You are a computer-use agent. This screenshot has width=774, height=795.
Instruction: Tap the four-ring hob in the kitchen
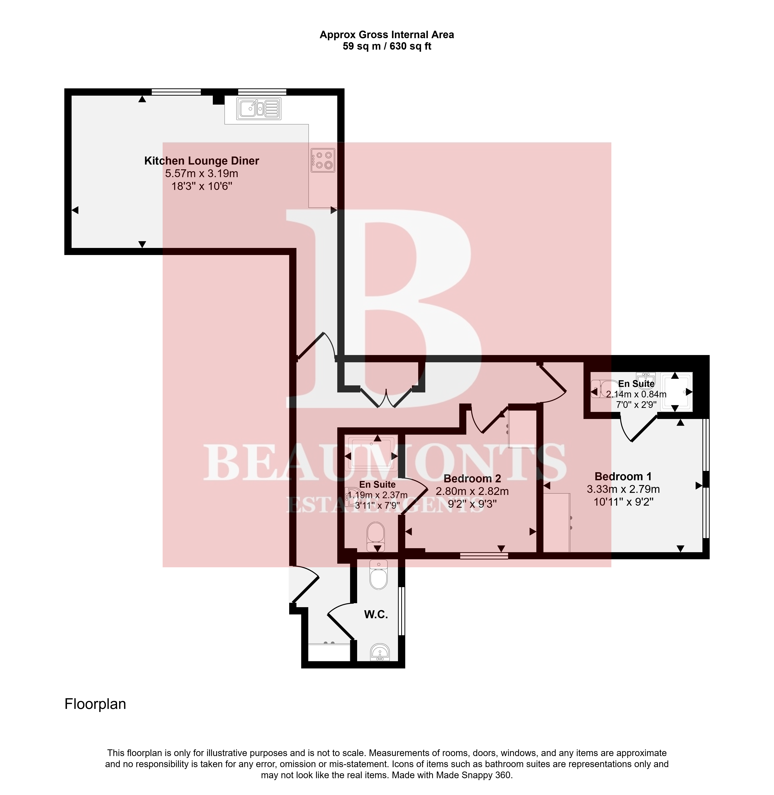pos(323,160)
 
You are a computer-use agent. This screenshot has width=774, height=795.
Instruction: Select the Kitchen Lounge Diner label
pos(202,161)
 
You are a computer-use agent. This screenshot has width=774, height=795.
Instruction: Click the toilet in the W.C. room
pos(379,575)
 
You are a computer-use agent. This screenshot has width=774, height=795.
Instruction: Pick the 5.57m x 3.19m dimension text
pos(202,174)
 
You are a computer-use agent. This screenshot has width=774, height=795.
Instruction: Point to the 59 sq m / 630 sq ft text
pos(387,46)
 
